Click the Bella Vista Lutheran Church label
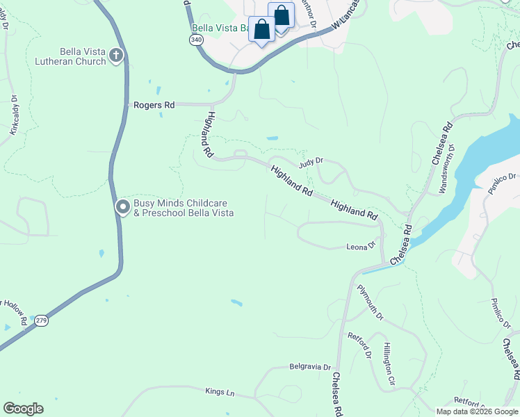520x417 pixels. click(x=72, y=56)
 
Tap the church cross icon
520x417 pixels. click(x=116, y=56)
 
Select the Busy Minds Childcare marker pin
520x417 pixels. click(x=123, y=207)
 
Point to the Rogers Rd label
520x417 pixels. click(x=154, y=105)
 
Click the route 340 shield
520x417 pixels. click(x=196, y=41)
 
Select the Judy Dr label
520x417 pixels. click(x=311, y=162)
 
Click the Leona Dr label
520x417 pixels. click(x=361, y=246)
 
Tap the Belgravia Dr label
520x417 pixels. click(x=310, y=366)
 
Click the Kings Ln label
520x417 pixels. click(x=220, y=392)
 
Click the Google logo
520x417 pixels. click(x=23, y=408)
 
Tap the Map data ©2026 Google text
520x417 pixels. click(x=476, y=411)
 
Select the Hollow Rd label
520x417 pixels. click(x=13, y=312)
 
